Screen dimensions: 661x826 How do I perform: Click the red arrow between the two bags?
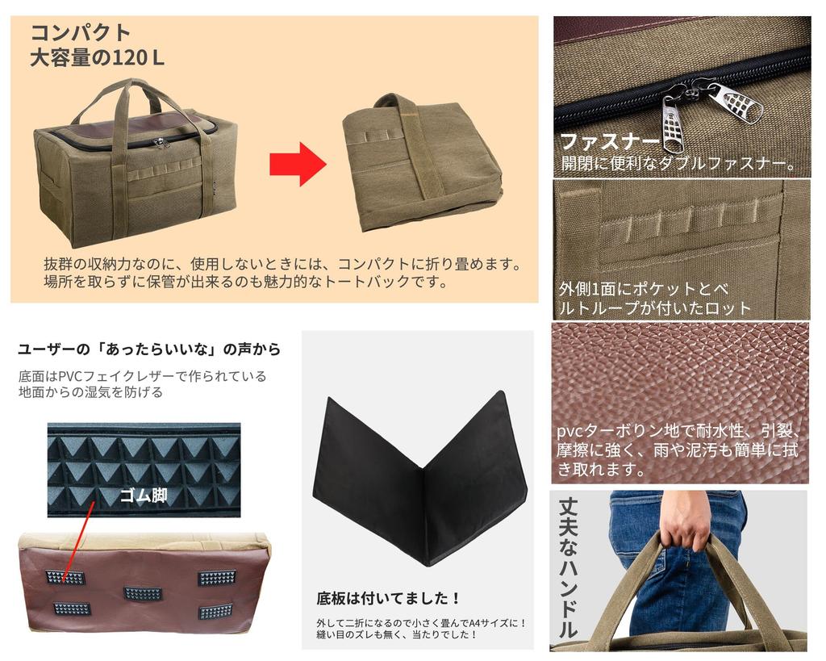coord(297,164)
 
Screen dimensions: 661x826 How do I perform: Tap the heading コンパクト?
coord(81,33)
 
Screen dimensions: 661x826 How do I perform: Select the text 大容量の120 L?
coord(97,59)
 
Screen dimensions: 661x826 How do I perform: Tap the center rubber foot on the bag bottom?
coord(142,594)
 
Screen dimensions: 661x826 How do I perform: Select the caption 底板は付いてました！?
coord(389,599)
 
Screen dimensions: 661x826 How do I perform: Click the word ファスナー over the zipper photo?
coord(610,142)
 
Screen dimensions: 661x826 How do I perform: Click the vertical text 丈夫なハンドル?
coord(568,569)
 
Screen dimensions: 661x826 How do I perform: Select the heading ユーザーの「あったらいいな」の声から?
coord(149,349)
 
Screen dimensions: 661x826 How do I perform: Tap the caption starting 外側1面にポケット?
coord(645,298)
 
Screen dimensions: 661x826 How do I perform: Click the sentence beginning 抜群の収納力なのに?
coord(282,273)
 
